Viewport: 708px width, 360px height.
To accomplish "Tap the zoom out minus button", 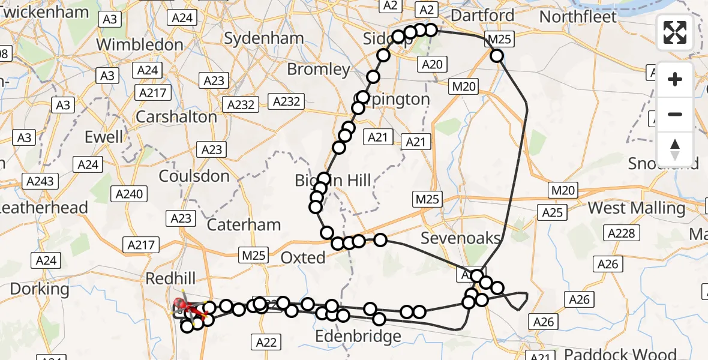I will click(x=675, y=114).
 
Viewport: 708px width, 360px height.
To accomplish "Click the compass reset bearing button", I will click(x=675, y=149).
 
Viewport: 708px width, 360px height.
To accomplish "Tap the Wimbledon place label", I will click(x=139, y=44).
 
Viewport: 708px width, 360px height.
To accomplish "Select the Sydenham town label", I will click(x=264, y=38).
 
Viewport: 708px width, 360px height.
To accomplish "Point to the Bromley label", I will click(x=318, y=69).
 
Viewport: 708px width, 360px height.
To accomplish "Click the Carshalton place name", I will click(x=176, y=116).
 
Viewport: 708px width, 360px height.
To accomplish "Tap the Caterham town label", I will click(x=244, y=225).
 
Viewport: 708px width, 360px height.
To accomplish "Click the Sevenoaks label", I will click(x=460, y=238).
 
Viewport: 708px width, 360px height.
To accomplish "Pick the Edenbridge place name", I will click(x=358, y=336).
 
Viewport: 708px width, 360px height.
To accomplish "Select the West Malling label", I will click(x=636, y=208).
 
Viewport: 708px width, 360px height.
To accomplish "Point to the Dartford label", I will click(x=482, y=15).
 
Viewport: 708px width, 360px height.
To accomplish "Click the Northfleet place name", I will click(x=578, y=16).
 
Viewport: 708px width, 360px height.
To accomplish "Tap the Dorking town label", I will click(x=40, y=289).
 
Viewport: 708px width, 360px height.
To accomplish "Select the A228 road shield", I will click(x=621, y=233).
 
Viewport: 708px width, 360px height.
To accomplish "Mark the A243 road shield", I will click(x=41, y=181).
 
